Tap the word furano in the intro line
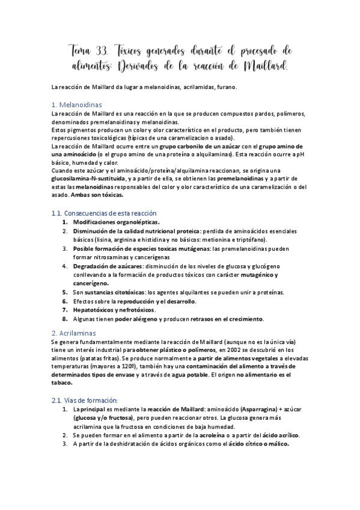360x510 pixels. pyautogui.click(x=225, y=87)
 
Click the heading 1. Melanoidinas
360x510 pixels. pyautogui.click(x=77, y=104)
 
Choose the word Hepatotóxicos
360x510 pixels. pyautogui.click(x=94, y=310)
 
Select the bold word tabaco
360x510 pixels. pyautogui.click(x=62, y=382)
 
